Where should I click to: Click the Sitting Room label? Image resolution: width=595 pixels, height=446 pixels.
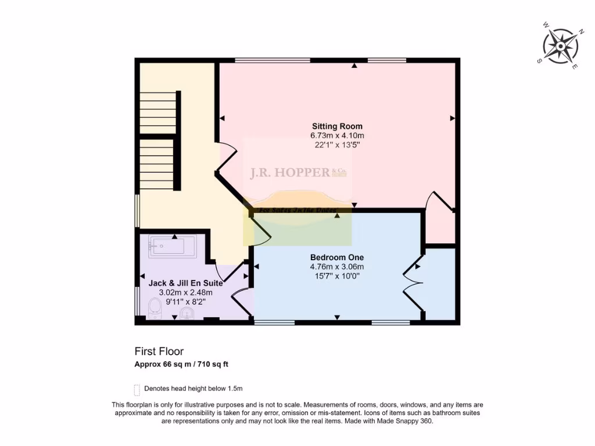pyautogui.click(x=337, y=126)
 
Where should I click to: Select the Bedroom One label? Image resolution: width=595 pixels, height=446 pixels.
pyautogui.click(x=337, y=257)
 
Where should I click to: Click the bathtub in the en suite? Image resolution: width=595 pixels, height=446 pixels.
pyautogui.click(x=173, y=246)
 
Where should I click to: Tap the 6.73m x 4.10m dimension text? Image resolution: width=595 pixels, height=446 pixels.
pyautogui.click(x=337, y=135)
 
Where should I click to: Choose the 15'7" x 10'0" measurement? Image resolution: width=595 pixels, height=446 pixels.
pyautogui.click(x=337, y=276)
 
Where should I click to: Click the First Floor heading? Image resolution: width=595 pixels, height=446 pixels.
pyautogui.click(x=159, y=351)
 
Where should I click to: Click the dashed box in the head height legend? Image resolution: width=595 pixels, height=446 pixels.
pyautogui.click(x=137, y=389)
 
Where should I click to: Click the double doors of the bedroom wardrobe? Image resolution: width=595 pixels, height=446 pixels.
pyautogui.click(x=413, y=283)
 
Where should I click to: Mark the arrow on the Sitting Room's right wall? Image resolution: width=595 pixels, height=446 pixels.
pyautogui.click(x=452, y=118)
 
